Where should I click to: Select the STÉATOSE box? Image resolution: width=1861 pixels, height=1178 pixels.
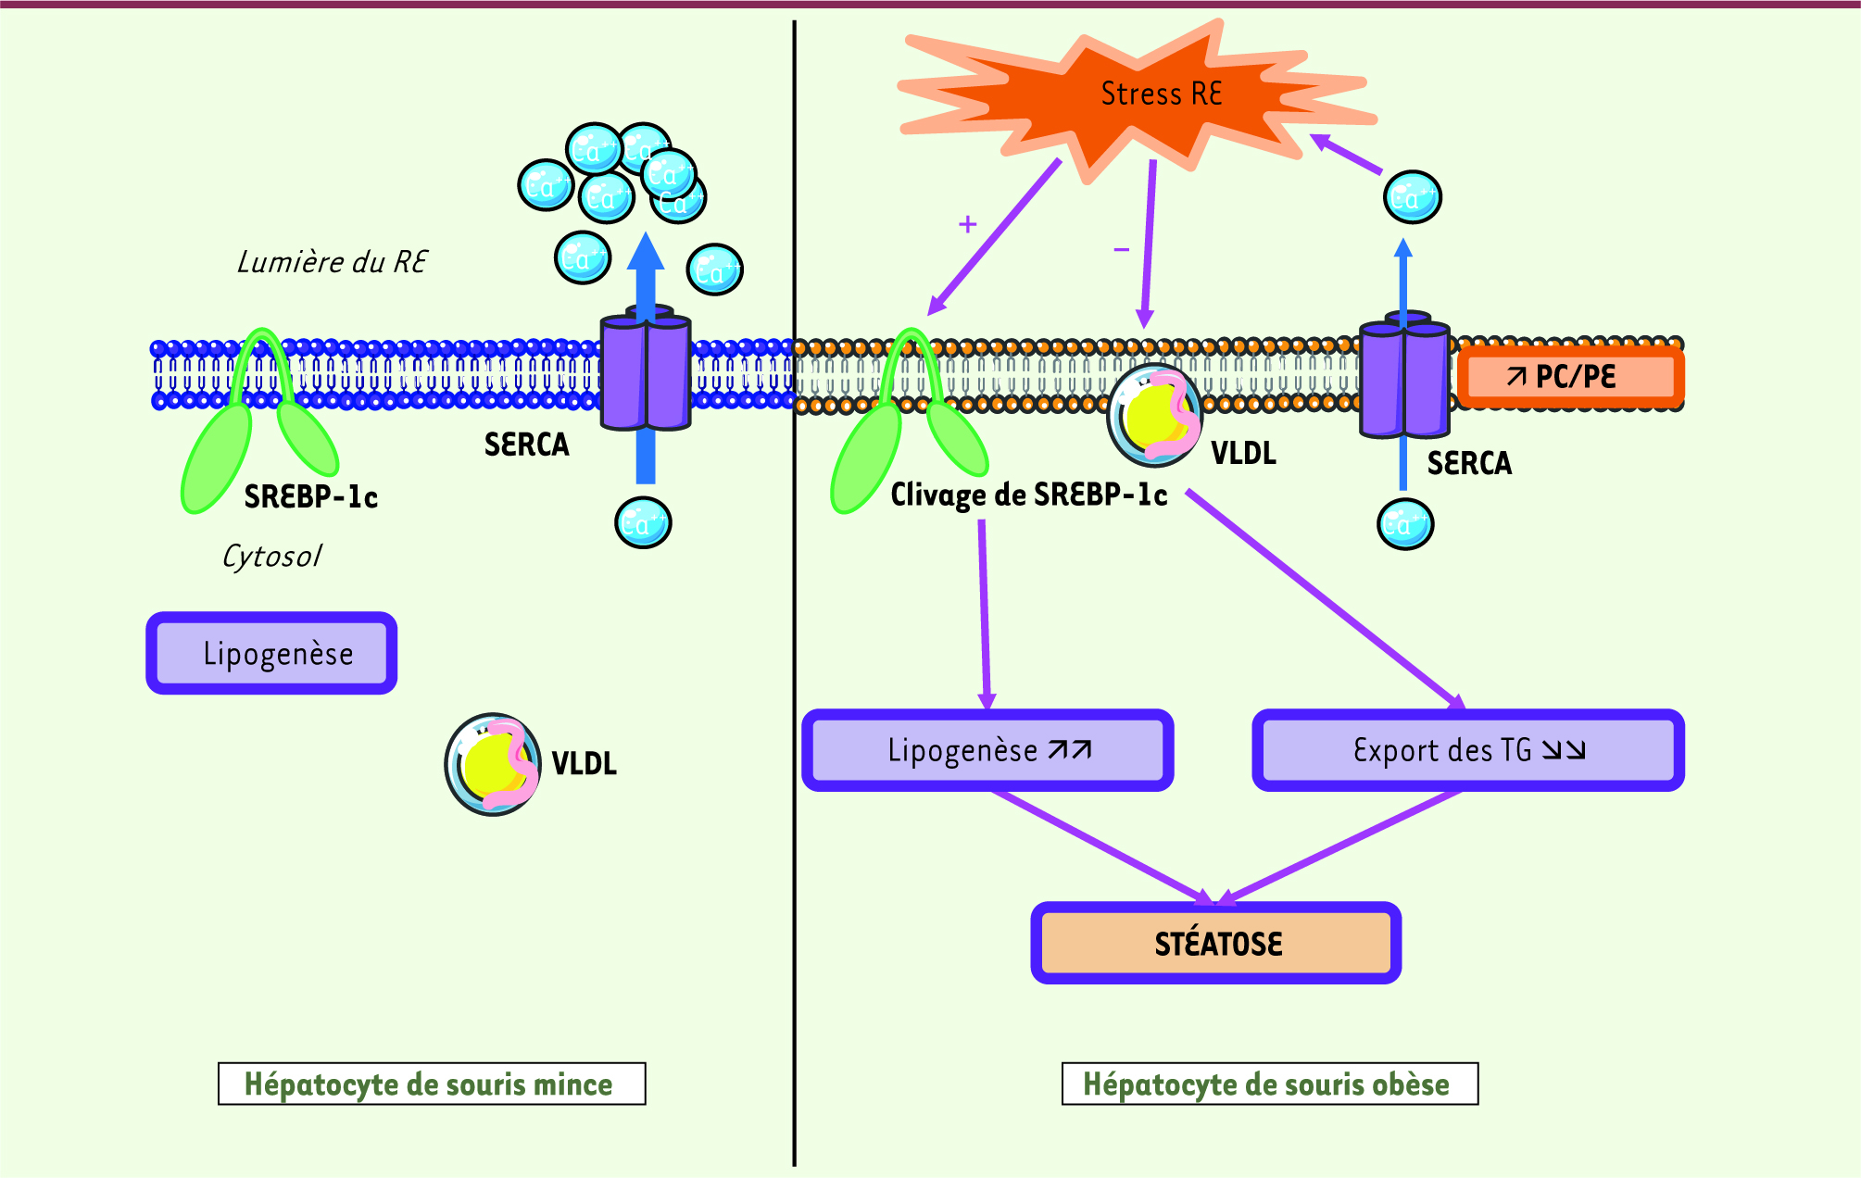pyautogui.click(x=1216, y=943)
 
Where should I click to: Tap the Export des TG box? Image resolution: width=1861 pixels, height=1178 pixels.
pyautogui.click(x=1468, y=750)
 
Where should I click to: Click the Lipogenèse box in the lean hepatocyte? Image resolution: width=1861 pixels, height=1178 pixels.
pyautogui.click(x=271, y=653)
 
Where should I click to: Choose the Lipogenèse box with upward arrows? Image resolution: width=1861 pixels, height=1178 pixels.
pyautogui.click(x=987, y=750)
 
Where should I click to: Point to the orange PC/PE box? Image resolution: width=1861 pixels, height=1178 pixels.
pyautogui.click(x=1570, y=377)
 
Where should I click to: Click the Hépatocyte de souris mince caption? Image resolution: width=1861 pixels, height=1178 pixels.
pyautogui.click(x=431, y=1084)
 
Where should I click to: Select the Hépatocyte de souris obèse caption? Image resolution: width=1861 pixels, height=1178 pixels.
pyautogui.click(x=1269, y=1084)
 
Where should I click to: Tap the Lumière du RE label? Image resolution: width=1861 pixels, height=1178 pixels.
pyautogui.click(x=332, y=262)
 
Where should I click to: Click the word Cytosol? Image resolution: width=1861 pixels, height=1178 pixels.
pyautogui.click(x=271, y=556)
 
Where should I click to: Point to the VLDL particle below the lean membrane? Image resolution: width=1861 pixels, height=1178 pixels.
pyautogui.click(x=493, y=764)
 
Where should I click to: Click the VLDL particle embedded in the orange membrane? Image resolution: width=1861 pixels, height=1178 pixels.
pyautogui.click(x=1154, y=415)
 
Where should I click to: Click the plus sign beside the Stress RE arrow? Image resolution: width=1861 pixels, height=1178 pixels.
pyautogui.click(x=968, y=224)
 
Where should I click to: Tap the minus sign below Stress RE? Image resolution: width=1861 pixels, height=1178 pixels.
pyautogui.click(x=1121, y=249)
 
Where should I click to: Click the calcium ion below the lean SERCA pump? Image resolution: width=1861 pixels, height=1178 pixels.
pyautogui.click(x=643, y=523)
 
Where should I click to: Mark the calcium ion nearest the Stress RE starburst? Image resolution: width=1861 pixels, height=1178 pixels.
pyautogui.click(x=1412, y=197)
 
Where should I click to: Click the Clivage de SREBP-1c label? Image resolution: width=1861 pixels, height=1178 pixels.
pyautogui.click(x=1028, y=495)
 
